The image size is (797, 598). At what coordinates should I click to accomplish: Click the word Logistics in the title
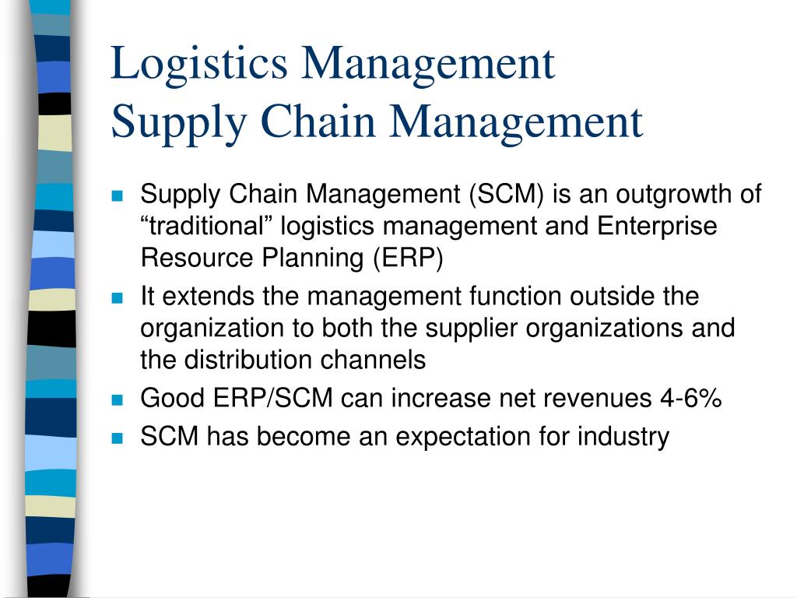pos(199,65)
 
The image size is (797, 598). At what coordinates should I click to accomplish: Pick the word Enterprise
pos(657,227)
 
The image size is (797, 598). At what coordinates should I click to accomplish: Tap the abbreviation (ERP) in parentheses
pos(408,258)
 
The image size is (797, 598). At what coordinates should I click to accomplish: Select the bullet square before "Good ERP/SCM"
pos(118,399)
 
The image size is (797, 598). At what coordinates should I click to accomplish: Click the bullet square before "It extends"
pos(118,297)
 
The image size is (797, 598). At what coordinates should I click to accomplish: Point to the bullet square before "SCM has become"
pos(118,438)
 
